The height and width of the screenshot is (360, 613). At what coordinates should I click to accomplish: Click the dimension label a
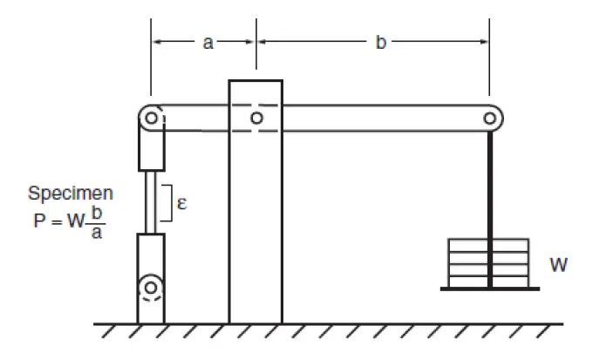[x=208, y=42]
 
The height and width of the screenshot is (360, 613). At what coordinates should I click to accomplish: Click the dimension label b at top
[x=380, y=42]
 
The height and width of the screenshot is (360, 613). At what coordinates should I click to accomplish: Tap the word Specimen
[x=71, y=194]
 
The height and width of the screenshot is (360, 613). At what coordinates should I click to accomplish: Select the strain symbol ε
[x=181, y=203]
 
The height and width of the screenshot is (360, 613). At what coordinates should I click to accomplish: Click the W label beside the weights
[x=558, y=265]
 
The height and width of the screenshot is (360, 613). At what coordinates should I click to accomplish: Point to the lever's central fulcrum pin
[x=256, y=118]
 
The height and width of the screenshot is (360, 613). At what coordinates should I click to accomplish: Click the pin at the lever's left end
[x=152, y=118]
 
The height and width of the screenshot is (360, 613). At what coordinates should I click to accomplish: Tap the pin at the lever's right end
[x=489, y=118]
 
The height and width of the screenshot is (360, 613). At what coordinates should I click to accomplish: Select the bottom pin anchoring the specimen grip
[x=151, y=288]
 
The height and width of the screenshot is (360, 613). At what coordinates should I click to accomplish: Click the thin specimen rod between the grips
[x=151, y=202]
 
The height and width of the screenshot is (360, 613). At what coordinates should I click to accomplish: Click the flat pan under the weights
[x=490, y=289]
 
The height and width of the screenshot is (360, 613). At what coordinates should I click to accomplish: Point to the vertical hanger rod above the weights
[x=490, y=185]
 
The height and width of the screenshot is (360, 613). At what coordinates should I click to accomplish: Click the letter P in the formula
[x=39, y=221]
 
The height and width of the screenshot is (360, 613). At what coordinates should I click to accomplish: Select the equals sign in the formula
[x=57, y=222]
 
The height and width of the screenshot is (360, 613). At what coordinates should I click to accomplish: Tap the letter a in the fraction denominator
[x=97, y=233]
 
